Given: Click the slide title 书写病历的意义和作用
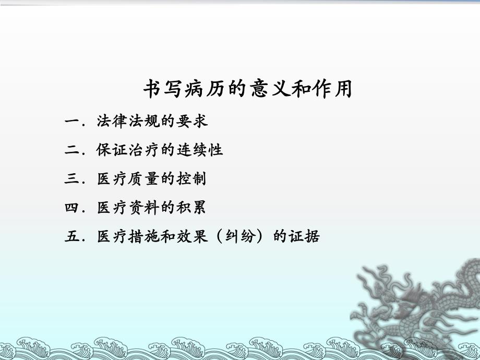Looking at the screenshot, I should [x=248, y=89].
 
